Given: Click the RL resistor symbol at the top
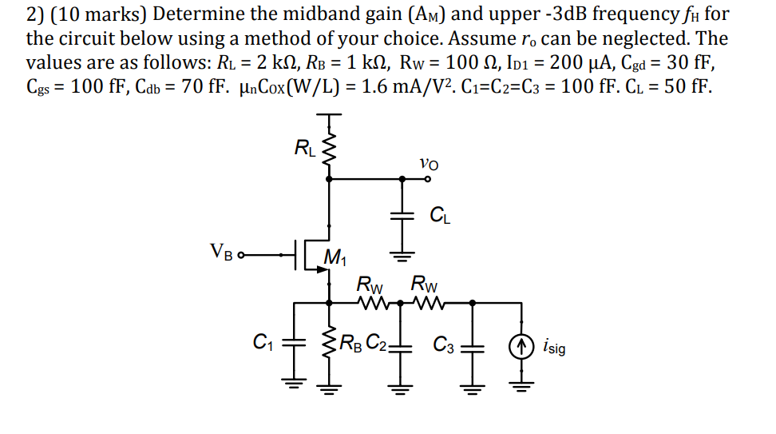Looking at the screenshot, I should tap(327, 148).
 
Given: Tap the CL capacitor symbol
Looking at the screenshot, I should tap(402, 215).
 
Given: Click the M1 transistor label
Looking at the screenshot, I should tap(335, 257).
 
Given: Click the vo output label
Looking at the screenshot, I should tap(428, 163).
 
